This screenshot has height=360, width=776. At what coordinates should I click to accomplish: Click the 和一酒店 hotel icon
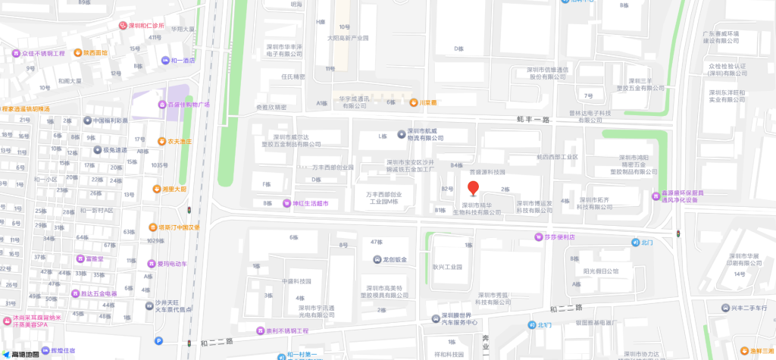pos(166,61)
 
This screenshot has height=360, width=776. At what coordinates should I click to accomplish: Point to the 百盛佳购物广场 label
pos(188,104)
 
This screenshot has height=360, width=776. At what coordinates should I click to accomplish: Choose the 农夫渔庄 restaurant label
pos(180,141)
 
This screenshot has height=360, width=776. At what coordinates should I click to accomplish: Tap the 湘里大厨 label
pos(174,189)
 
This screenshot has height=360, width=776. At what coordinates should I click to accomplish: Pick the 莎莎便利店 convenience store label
pos(561,237)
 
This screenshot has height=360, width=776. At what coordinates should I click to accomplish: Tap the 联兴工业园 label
pos(447,267)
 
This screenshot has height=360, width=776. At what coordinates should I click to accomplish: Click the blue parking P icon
pos(158,340)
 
